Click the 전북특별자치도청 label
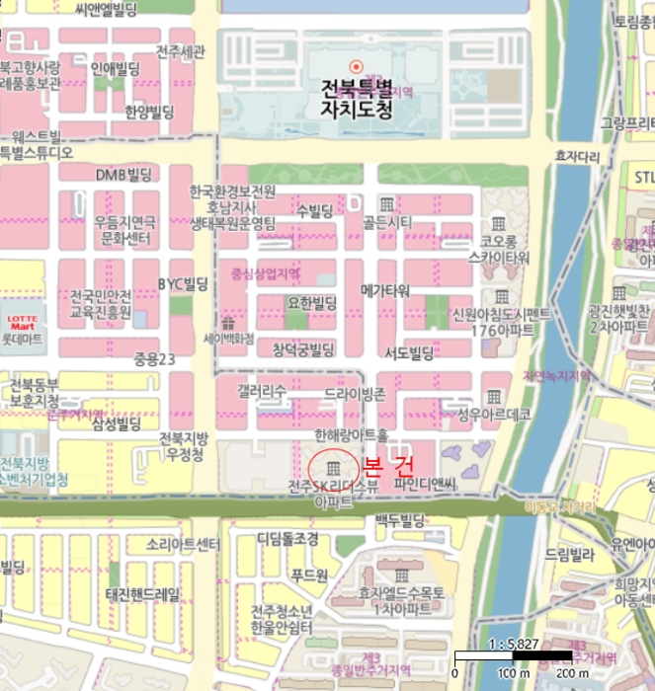click(357, 99)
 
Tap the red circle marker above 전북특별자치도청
click(357, 66)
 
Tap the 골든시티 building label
click(387, 222)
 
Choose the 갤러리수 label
click(262, 392)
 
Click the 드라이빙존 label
click(354, 394)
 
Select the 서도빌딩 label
click(409, 352)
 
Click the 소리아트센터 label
click(183, 545)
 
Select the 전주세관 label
click(181, 51)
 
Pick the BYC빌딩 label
click(184, 284)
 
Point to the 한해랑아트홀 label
click(352, 434)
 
